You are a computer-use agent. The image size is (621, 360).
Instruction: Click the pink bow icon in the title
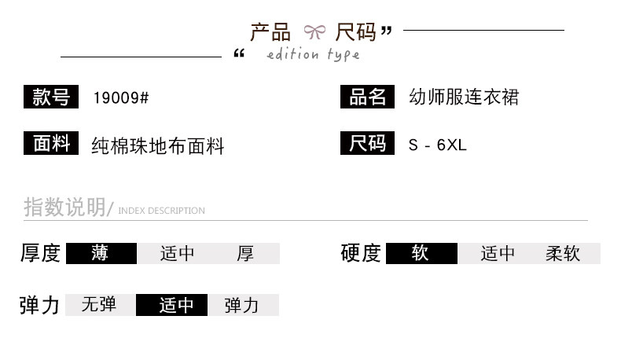pyautogui.click(x=314, y=32)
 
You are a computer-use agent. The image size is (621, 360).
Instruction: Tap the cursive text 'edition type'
pyautogui.click(x=313, y=54)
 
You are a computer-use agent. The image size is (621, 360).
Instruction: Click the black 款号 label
pyautogui.click(x=51, y=97)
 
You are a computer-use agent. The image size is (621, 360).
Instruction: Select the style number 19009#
pyautogui.click(x=121, y=98)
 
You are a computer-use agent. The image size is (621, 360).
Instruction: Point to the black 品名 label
pyautogui.click(x=368, y=97)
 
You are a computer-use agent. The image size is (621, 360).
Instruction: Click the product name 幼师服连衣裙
pyautogui.click(x=464, y=97)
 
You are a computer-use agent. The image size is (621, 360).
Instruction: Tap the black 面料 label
pyautogui.click(x=51, y=144)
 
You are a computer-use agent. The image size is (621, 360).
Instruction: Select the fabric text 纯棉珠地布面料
pyautogui.click(x=158, y=145)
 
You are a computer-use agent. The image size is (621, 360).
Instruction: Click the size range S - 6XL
pyautogui.click(x=438, y=145)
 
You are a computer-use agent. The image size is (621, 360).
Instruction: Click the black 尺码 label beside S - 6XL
pyautogui.click(x=368, y=144)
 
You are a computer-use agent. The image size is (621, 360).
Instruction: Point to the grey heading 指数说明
pyautogui.click(x=64, y=208)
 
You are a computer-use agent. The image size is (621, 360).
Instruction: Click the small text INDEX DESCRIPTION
pyautogui.click(x=161, y=211)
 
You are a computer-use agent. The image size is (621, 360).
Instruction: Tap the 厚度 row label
pyautogui.click(x=40, y=253)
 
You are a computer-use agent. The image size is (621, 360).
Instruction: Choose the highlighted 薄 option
pyautogui.click(x=101, y=253)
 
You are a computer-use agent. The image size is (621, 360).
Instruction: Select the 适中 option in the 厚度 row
pyautogui.click(x=177, y=253)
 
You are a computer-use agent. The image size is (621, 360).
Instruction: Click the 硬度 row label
pyautogui.click(x=361, y=253)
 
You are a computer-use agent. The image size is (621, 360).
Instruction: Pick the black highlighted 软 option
pyautogui.click(x=421, y=253)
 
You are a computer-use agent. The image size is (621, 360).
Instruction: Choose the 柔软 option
pyautogui.click(x=563, y=253)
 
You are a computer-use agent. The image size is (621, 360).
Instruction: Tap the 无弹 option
pyautogui.click(x=99, y=304)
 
